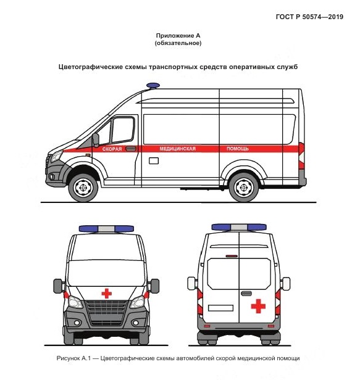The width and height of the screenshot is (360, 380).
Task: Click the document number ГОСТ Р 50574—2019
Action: (x=309, y=17)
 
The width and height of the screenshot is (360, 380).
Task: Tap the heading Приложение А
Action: (x=178, y=36)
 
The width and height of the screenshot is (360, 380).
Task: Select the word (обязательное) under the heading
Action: (x=178, y=43)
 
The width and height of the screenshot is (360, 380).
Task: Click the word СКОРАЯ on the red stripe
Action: (x=112, y=149)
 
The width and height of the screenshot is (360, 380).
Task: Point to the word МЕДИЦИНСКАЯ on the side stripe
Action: (x=177, y=149)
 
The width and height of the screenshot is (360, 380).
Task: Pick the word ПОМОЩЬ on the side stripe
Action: (x=238, y=149)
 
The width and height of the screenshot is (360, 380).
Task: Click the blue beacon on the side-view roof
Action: (x=153, y=86)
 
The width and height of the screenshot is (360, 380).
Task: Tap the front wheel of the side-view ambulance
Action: (x=83, y=188)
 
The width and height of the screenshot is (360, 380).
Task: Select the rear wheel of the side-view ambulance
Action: (x=243, y=188)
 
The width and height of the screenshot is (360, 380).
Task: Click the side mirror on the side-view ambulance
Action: (x=96, y=140)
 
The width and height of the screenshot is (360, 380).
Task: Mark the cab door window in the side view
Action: (x=123, y=130)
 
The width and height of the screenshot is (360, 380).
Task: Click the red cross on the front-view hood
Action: (x=106, y=294)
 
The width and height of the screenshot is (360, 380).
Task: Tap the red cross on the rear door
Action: (x=258, y=306)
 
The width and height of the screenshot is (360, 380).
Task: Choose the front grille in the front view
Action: (x=107, y=313)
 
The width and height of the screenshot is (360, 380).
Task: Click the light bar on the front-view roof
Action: (x=106, y=229)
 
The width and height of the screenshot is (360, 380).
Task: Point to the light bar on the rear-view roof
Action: (x=239, y=227)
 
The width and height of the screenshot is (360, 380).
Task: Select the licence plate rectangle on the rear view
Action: (x=220, y=308)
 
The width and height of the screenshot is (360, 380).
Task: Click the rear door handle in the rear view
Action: (x=246, y=294)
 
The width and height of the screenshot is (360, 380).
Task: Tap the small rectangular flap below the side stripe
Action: (x=154, y=160)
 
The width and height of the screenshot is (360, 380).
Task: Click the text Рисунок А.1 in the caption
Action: (x=73, y=358)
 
